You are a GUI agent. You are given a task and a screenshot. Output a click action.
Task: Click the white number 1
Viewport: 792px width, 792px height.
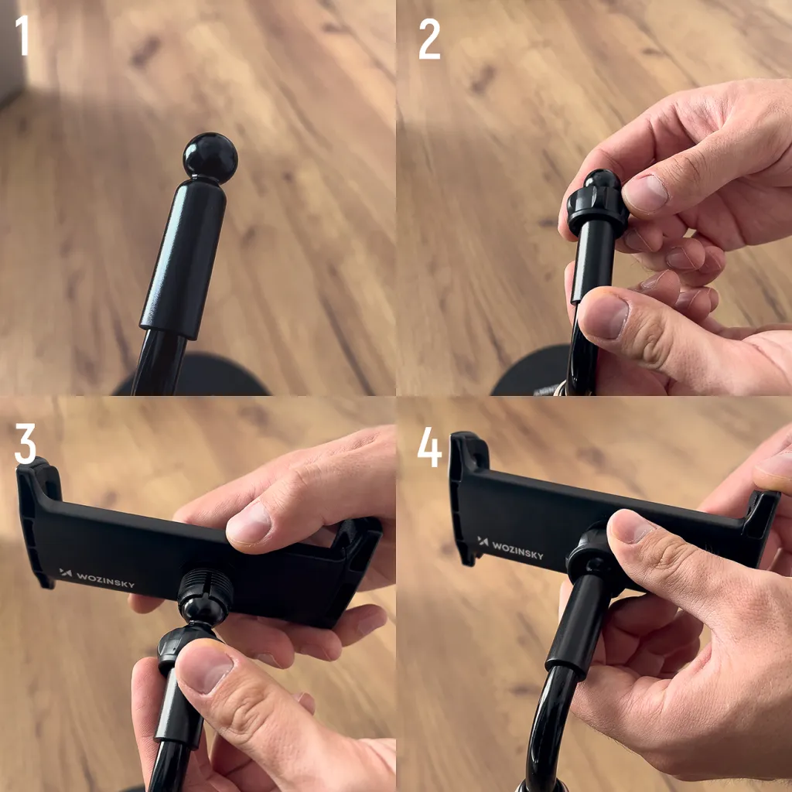click(x=23, y=36)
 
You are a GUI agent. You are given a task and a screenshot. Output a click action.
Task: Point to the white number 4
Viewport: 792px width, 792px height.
click(x=429, y=446)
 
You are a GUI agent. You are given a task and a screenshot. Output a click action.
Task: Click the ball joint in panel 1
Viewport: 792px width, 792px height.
click(x=210, y=158)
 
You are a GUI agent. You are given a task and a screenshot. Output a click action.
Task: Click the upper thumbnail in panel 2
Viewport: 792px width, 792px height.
click(x=646, y=193)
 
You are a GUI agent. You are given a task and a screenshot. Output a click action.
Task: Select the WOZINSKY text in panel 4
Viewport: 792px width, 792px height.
click(x=514, y=549)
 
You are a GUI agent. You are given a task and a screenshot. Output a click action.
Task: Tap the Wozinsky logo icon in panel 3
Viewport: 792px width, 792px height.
click(x=66, y=573)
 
